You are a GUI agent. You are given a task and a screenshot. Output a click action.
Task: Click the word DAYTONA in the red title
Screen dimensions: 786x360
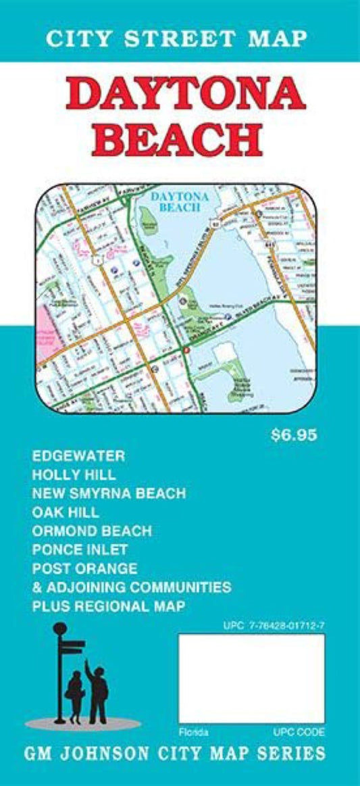click(x=186, y=99)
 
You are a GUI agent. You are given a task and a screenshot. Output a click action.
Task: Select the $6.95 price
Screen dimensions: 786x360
click(x=293, y=435)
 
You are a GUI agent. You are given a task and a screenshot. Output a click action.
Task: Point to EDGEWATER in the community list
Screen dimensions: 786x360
click(x=78, y=456)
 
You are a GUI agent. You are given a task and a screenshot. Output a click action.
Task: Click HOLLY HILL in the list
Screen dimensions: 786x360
click(x=74, y=474)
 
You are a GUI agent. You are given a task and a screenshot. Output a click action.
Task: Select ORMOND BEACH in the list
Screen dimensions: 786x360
click(x=92, y=531)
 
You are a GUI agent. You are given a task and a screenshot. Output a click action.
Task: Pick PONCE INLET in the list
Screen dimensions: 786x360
click(x=80, y=549)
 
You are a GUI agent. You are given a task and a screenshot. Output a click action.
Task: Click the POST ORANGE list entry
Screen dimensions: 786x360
click(x=84, y=568)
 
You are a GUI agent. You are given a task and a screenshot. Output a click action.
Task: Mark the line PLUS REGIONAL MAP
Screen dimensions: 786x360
click(x=108, y=606)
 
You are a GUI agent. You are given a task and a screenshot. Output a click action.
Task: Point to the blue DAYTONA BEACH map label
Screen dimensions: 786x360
click(x=176, y=201)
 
